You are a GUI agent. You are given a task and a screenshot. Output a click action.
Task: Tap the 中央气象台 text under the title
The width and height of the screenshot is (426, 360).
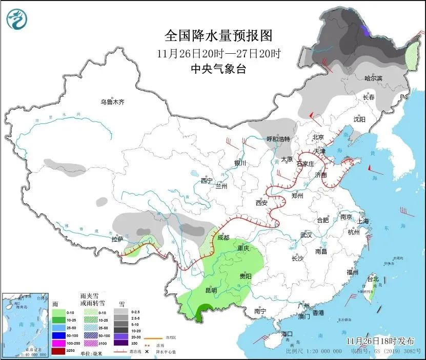click(x=218, y=69)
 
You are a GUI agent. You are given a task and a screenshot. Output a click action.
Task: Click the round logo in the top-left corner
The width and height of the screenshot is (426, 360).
click(x=17, y=20)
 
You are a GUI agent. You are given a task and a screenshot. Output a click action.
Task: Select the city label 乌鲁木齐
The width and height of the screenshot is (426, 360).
click(x=112, y=102)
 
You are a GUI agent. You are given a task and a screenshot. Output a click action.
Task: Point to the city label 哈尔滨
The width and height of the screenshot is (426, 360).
click(x=373, y=78)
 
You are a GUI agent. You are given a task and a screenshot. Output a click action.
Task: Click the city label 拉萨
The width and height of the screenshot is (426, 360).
click(x=117, y=239)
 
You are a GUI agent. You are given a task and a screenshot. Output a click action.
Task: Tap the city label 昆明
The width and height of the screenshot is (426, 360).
click(x=211, y=290)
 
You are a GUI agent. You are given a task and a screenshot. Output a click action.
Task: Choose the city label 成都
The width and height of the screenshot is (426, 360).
click(x=224, y=238)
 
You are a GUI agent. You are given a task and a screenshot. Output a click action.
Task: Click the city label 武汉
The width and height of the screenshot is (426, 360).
click(x=307, y=235)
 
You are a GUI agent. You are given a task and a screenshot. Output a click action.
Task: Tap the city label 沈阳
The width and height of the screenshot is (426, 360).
click(x=359, y=119)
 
